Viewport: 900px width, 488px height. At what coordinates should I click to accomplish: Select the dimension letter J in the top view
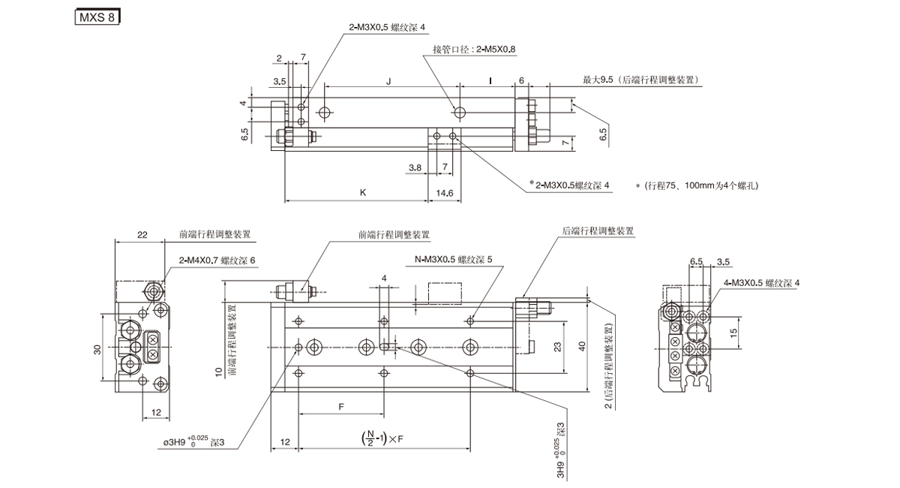[x=388, y=82]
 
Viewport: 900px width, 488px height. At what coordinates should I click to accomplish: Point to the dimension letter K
[x=363, y=192]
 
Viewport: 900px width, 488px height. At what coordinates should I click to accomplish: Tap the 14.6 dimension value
[x=445, y=193]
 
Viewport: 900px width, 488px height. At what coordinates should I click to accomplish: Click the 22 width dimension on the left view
[x=142, y=235]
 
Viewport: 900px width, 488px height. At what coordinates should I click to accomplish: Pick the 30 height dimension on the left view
[x=97, y=349]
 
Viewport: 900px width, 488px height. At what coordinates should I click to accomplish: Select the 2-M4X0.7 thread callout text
[x=217, y=260]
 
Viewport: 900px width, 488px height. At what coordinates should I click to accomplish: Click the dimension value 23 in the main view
[x=556, y=348]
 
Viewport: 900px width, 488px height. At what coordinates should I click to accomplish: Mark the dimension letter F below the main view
[x=341, y=406]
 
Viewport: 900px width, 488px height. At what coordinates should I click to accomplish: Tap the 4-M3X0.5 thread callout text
[x=762, y=282]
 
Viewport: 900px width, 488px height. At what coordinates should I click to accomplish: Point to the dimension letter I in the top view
[x=490, y=82]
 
